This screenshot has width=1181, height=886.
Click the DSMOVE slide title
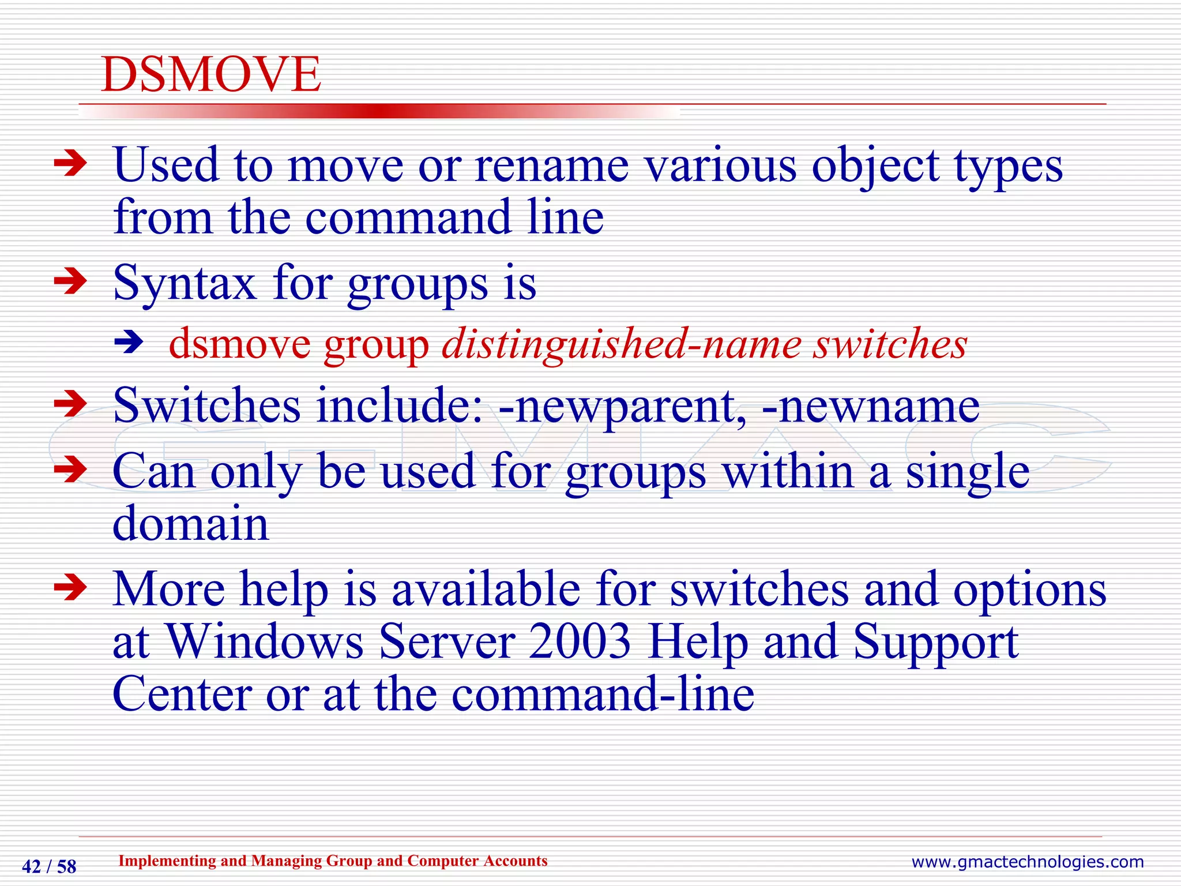(x=210, y=74)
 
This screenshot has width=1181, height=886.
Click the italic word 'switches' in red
(x=890, y=344)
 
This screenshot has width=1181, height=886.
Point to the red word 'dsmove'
(x=239, y=344)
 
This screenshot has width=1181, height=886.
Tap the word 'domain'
(x=190, y=524)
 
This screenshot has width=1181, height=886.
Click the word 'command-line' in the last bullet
(x=602, y=694)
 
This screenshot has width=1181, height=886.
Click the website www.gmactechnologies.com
(x=1027, y=862)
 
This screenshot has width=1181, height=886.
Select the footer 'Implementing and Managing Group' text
(x=332, y=861)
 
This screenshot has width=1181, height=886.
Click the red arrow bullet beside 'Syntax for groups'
(x=70, y=282)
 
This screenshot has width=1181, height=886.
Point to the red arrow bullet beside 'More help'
(x=70, y=588)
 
